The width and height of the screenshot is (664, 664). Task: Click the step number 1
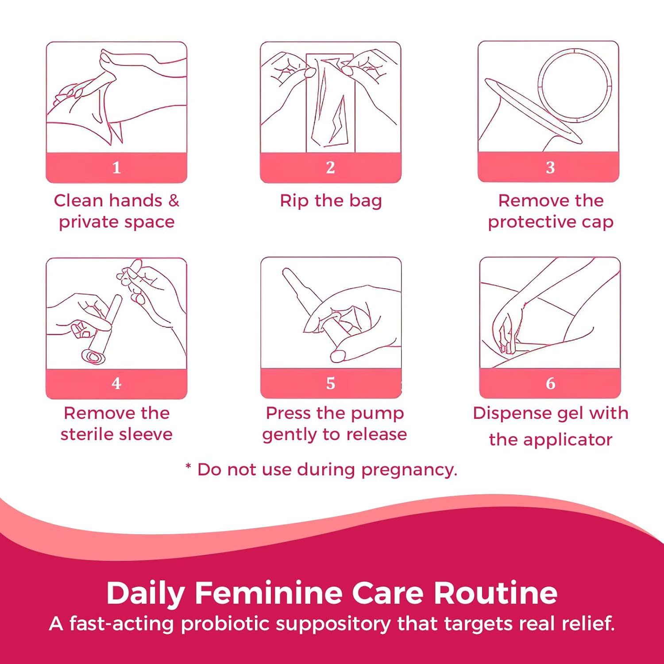coord(116,167)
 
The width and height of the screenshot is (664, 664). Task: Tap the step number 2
coord(330,167)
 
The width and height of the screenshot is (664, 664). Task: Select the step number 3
coord(550,167)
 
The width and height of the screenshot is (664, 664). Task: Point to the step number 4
coord(116,383)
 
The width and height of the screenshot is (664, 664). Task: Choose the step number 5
coord(331,383)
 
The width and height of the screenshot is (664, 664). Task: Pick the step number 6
coord(550,383)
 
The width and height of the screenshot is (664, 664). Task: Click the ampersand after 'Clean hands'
coord(174,201)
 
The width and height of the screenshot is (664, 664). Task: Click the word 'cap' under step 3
coord(598,222)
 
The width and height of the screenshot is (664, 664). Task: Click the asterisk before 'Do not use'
coord(188,467)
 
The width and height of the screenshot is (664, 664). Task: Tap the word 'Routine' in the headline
coord(495,593)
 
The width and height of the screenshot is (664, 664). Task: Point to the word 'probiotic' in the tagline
coord(225,624)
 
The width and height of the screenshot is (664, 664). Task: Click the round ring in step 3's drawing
coord(575,85)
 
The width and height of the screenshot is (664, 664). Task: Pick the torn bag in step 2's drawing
coord(330,104)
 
